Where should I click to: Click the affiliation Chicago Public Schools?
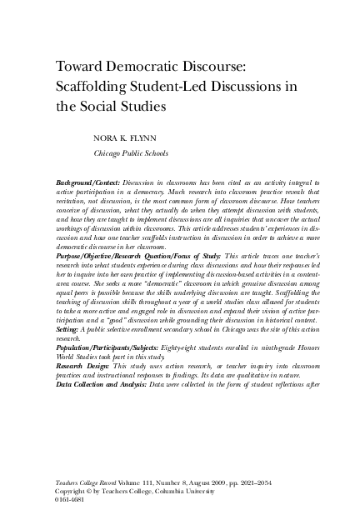pyautogui.click(x=131, y=153)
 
